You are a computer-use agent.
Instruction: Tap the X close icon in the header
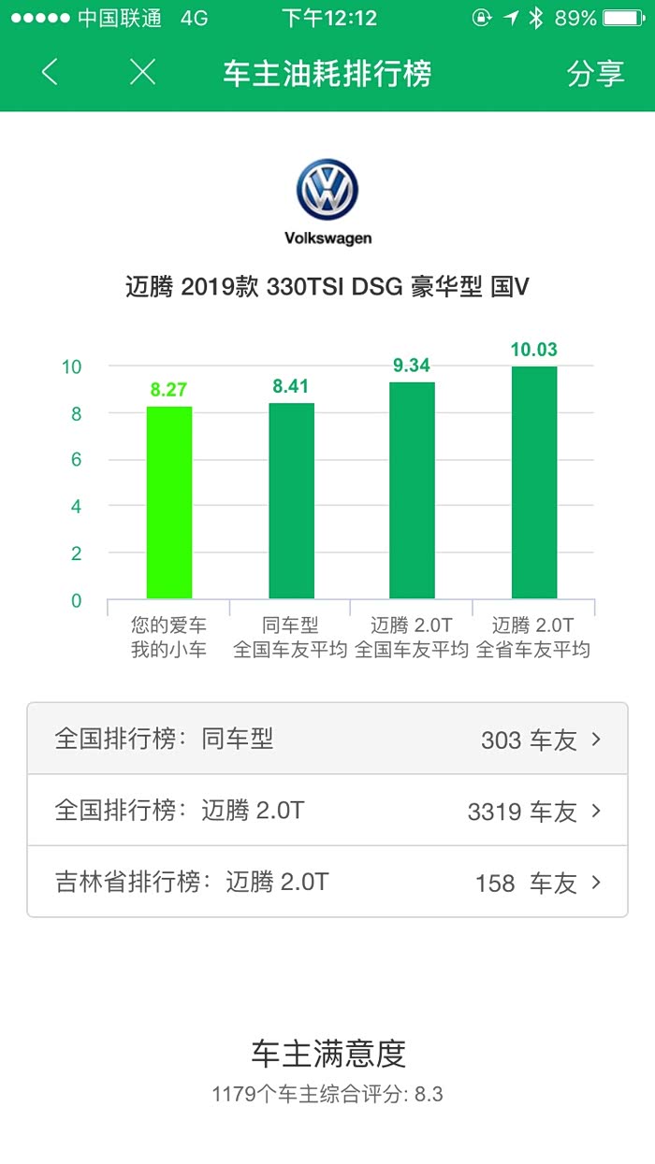(x=142, y=72)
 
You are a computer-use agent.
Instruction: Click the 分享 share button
(x=595, y=73)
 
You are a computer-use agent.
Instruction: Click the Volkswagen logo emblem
(x=327, y=190)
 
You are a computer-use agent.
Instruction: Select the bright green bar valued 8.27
(x=169, y=502)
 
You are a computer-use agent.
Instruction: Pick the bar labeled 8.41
(x=291, y=500)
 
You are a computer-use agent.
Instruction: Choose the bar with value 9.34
(x=412, y=490)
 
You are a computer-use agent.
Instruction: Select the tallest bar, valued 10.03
(x=533, y=482)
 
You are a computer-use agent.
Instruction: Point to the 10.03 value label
(x=533, y=351)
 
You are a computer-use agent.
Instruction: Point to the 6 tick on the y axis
(x=77, y=460)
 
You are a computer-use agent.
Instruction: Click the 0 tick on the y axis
(x=77, y=600)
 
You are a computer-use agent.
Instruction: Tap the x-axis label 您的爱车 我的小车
(x=168, y=637)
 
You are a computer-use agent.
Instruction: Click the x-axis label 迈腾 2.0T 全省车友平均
(x=533, y=637)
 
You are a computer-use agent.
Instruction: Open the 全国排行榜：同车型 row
(x=327, y=739)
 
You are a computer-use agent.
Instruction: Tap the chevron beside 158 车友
(x=596, y=883)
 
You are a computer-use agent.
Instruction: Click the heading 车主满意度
(x=327, y=1054)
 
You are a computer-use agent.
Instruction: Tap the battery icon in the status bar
(x=623, y=18)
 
